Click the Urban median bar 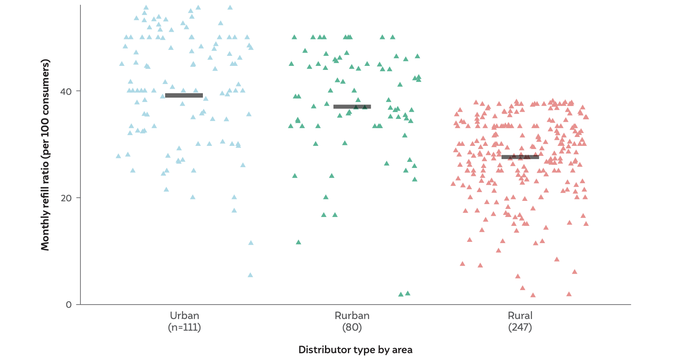(x=184, y=96)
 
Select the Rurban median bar (x=352, y=107)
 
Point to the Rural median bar (x=520, y=157)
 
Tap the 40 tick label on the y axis (x=66, y=92)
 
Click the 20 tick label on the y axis (x=66, y=198)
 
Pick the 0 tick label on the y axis (x=69, y=305)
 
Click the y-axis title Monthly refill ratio (x=45, y=155)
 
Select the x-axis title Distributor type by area (x=355, y=350)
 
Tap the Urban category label (x=184, y=315)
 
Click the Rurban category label (x=352, y=315)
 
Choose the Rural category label (x=520, y=315)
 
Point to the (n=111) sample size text (x=184, y=327)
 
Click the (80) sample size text (x=352, y=327)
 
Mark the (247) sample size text (x=520, y=327)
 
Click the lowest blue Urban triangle (x=250, y=275)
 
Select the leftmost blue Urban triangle (x=118, y=156)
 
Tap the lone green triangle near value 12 (x=299, y=242)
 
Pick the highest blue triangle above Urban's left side (x=146, y=8)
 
